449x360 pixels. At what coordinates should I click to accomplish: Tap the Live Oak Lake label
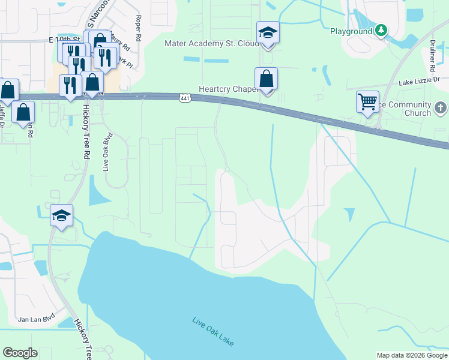[x=213, y=331]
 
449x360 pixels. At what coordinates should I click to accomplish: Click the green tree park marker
[x=381, y=31]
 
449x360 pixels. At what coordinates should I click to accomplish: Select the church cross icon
[x=440, y=108]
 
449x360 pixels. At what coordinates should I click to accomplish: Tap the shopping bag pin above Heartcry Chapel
[x=266, y=79]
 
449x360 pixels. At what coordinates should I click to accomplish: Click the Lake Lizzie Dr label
[x=420, y=80]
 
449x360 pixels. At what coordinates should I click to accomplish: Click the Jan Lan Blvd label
[x=36, y=319]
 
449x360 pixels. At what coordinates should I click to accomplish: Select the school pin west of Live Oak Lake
[x=61, y=215]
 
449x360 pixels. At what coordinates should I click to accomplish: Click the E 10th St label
[x=65, y=40]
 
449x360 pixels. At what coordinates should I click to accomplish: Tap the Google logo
[x=20, y=353]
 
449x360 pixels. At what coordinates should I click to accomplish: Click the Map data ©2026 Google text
[x=411, y=355]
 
